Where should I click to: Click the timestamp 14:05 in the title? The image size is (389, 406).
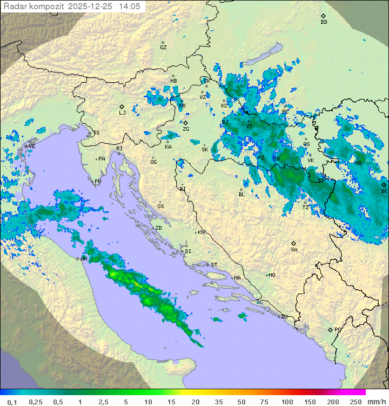pyautogui.click(x=130, y=6)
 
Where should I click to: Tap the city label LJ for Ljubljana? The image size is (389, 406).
pyautogui.click(x=122, y=112)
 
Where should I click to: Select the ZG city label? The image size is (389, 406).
pyautogui.click(x=186, y=129)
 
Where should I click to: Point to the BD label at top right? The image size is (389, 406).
pyautogui.click(x=324, y=22)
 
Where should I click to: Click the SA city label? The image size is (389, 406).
pyautogui.click(x=294, y=249)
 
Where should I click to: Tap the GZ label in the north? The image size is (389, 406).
pyautogui.click(x=163, y=48)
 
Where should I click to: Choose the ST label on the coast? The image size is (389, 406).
pyautogui.click(x=214, y=265)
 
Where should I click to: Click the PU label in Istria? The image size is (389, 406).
pyautogui.click(x=98, y=182)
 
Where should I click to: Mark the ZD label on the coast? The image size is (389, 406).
pyautogui.click(x=158, y=228)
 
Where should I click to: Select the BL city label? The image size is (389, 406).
pyautogui.click(x=242, y=194)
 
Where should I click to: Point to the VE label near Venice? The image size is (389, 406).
pyautogui.click(x=32, y=147)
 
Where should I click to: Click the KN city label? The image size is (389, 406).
pyautogui.click(x=201, y=232)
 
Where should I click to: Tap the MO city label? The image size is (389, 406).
pyautogui.click(x=272, y=275)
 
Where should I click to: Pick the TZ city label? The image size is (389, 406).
pyautogui.click(x=306, y=207)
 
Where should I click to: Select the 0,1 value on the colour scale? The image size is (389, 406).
pyautogui.click(x=12, y=402)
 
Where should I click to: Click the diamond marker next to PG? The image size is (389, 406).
pyautogui.click(x=330, y=329)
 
